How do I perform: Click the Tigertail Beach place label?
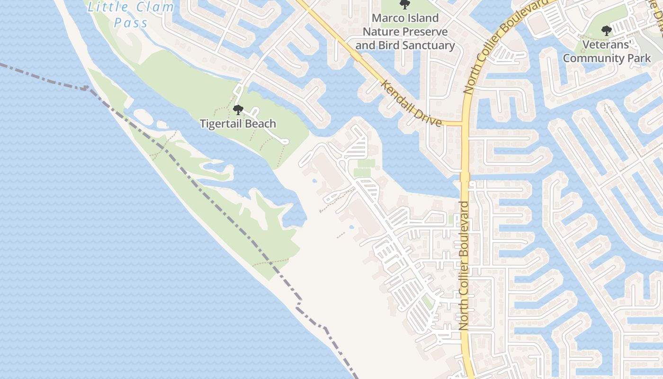238,124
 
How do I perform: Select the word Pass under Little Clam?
131,23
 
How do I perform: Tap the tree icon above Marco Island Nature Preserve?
404,4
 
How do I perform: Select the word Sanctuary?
430,45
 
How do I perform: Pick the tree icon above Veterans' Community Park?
606,31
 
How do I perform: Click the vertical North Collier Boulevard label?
464,265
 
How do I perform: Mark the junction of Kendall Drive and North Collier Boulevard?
464,124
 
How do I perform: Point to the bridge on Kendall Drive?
356,56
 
